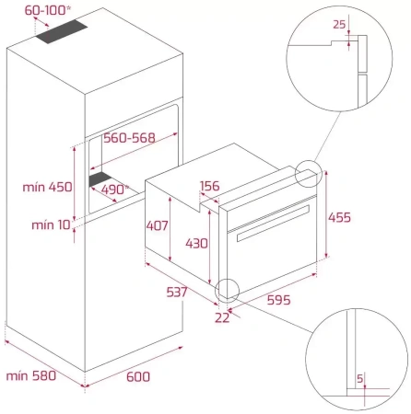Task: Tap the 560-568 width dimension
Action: pyautogui.click(x=129, y=138)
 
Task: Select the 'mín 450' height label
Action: pyautogui.click(x=48, y=187)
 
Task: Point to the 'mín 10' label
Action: pyautogui.click(x=51, y=224)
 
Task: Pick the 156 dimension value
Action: pyautogui.click(x=210, y=186)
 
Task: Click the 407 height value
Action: pyautogui.click(x=157, y=225)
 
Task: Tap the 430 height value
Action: pyautogui.click(x=196, y=244)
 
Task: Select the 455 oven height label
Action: pyautogui.click(x=339, y=217)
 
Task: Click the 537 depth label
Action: pyautogui.click(x=177, y=292)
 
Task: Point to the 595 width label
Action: pyautogui.click(x=278, y=300)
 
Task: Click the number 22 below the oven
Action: pyautogui.click(x=222, y=317)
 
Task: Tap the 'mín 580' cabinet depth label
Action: pyautogui.click(x=31, y=375)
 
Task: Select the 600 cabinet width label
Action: pyautogui.click(x=138, y=376)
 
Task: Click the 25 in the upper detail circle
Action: pyautogui.click(x=339, y=24)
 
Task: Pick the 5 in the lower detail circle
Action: pyautogui.click(x=360, y=378)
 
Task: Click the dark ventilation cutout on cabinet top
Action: pyautogui.click(x=62, y=31)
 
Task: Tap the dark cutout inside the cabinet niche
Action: pyautogui.click(x=100, y=178)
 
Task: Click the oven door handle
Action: pyautogui.click(x=273, y=223)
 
